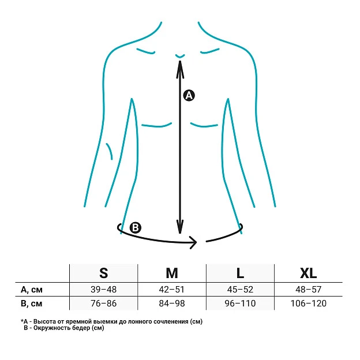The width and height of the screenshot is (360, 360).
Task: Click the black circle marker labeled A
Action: (x=189, y=95)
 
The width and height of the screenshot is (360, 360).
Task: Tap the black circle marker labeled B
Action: (x=136, y=228)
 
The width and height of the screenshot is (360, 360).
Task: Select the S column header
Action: (x=103, y=273)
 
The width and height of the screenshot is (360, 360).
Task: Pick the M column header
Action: (x=172, y=273)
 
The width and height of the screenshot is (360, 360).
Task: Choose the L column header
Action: (x=240, y=273)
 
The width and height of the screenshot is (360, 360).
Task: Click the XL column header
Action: (x=308, y=273)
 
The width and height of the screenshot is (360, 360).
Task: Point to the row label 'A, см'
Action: (x=32, y=290)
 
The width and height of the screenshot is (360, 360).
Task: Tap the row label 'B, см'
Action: (x=32, y=303)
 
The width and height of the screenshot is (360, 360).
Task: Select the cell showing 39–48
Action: (x=103, y=290)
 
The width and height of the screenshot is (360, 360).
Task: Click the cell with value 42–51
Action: (x=172, y=290)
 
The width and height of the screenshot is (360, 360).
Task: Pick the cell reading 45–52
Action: (x=240, y=290)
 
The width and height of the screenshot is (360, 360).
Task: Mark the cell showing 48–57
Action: (x=308, y=290)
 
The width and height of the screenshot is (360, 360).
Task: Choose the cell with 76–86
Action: (x=103, y=303)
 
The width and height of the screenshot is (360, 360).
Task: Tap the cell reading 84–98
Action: (x=172, y=303)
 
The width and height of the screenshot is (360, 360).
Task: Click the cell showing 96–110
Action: (x=240, y=303)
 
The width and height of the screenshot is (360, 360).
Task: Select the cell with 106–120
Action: (x=308, y=303)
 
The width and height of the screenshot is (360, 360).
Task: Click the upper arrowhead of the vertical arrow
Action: (x=180, y=69)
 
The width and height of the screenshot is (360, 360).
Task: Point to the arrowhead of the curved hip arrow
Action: (x=193, y=242)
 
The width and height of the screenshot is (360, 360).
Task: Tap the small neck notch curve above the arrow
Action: (x=180, y=57)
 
